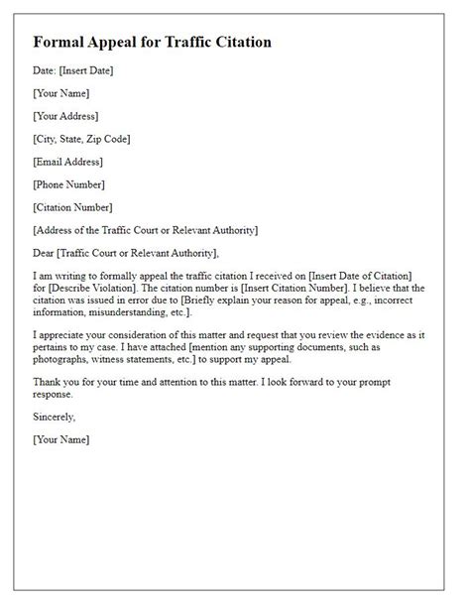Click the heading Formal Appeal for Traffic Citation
tap(152, 43)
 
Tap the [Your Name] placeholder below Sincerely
tap(60, 438)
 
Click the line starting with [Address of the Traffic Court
tap(145, 230)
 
